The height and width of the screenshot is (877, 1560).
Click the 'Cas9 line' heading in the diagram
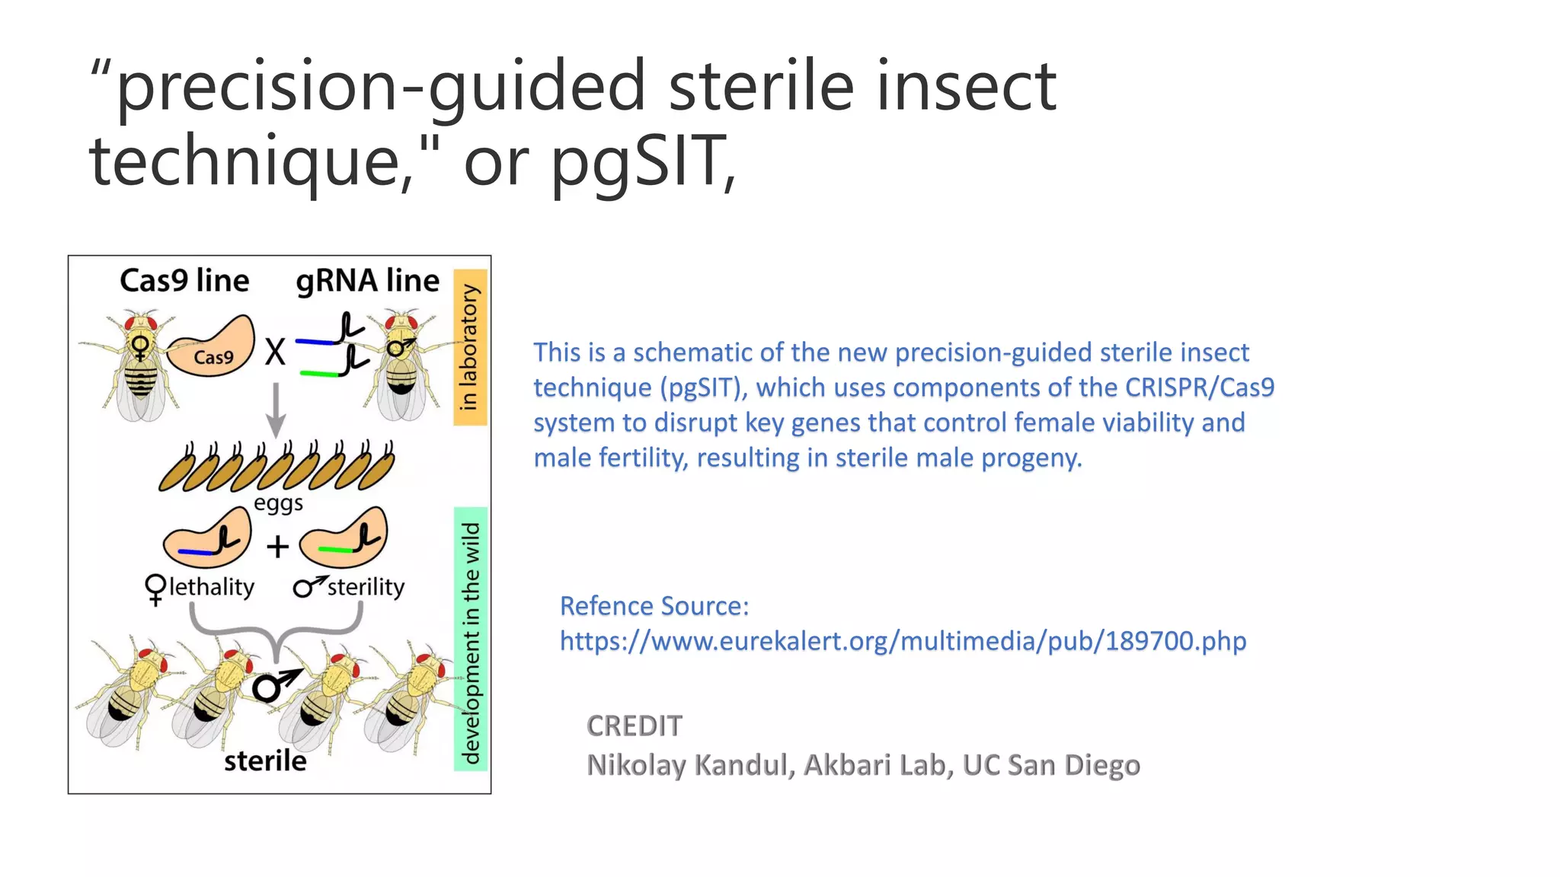[x=184, y=281]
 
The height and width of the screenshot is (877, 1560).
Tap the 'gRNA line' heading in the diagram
[x=367, y=281]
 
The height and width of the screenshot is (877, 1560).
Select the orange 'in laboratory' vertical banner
[x=470, y=347]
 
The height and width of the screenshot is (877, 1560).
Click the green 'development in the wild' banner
[x=471, y=640]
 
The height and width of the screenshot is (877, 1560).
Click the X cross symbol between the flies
[x=275, y=352]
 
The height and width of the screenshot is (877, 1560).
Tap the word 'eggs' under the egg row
[x=278, y=503]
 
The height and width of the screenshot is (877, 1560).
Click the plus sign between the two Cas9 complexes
[x=277, y=547]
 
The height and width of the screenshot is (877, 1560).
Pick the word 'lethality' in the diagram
[x=211, y=587]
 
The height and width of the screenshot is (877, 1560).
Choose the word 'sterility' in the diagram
[x=366, y=587]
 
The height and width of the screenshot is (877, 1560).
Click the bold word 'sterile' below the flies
[x=265, y=761]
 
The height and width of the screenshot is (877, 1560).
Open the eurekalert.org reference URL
[x=903, y=641]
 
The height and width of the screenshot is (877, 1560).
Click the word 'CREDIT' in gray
[x=634, y=726]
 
